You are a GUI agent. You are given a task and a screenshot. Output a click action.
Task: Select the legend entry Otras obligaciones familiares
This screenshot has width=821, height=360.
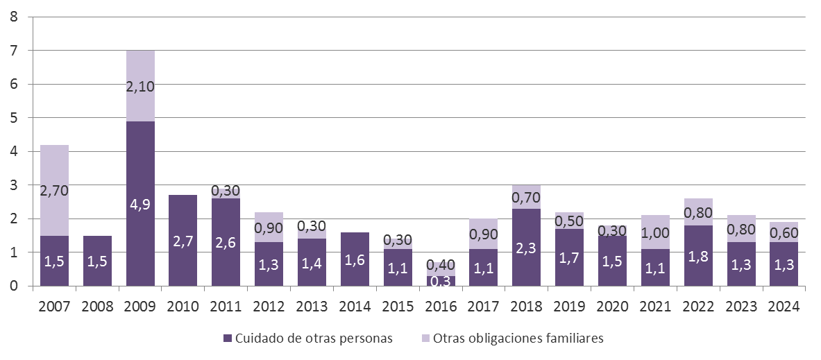tap(518, 338)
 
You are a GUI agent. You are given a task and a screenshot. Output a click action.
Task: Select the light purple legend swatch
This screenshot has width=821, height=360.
tap(425, 338)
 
